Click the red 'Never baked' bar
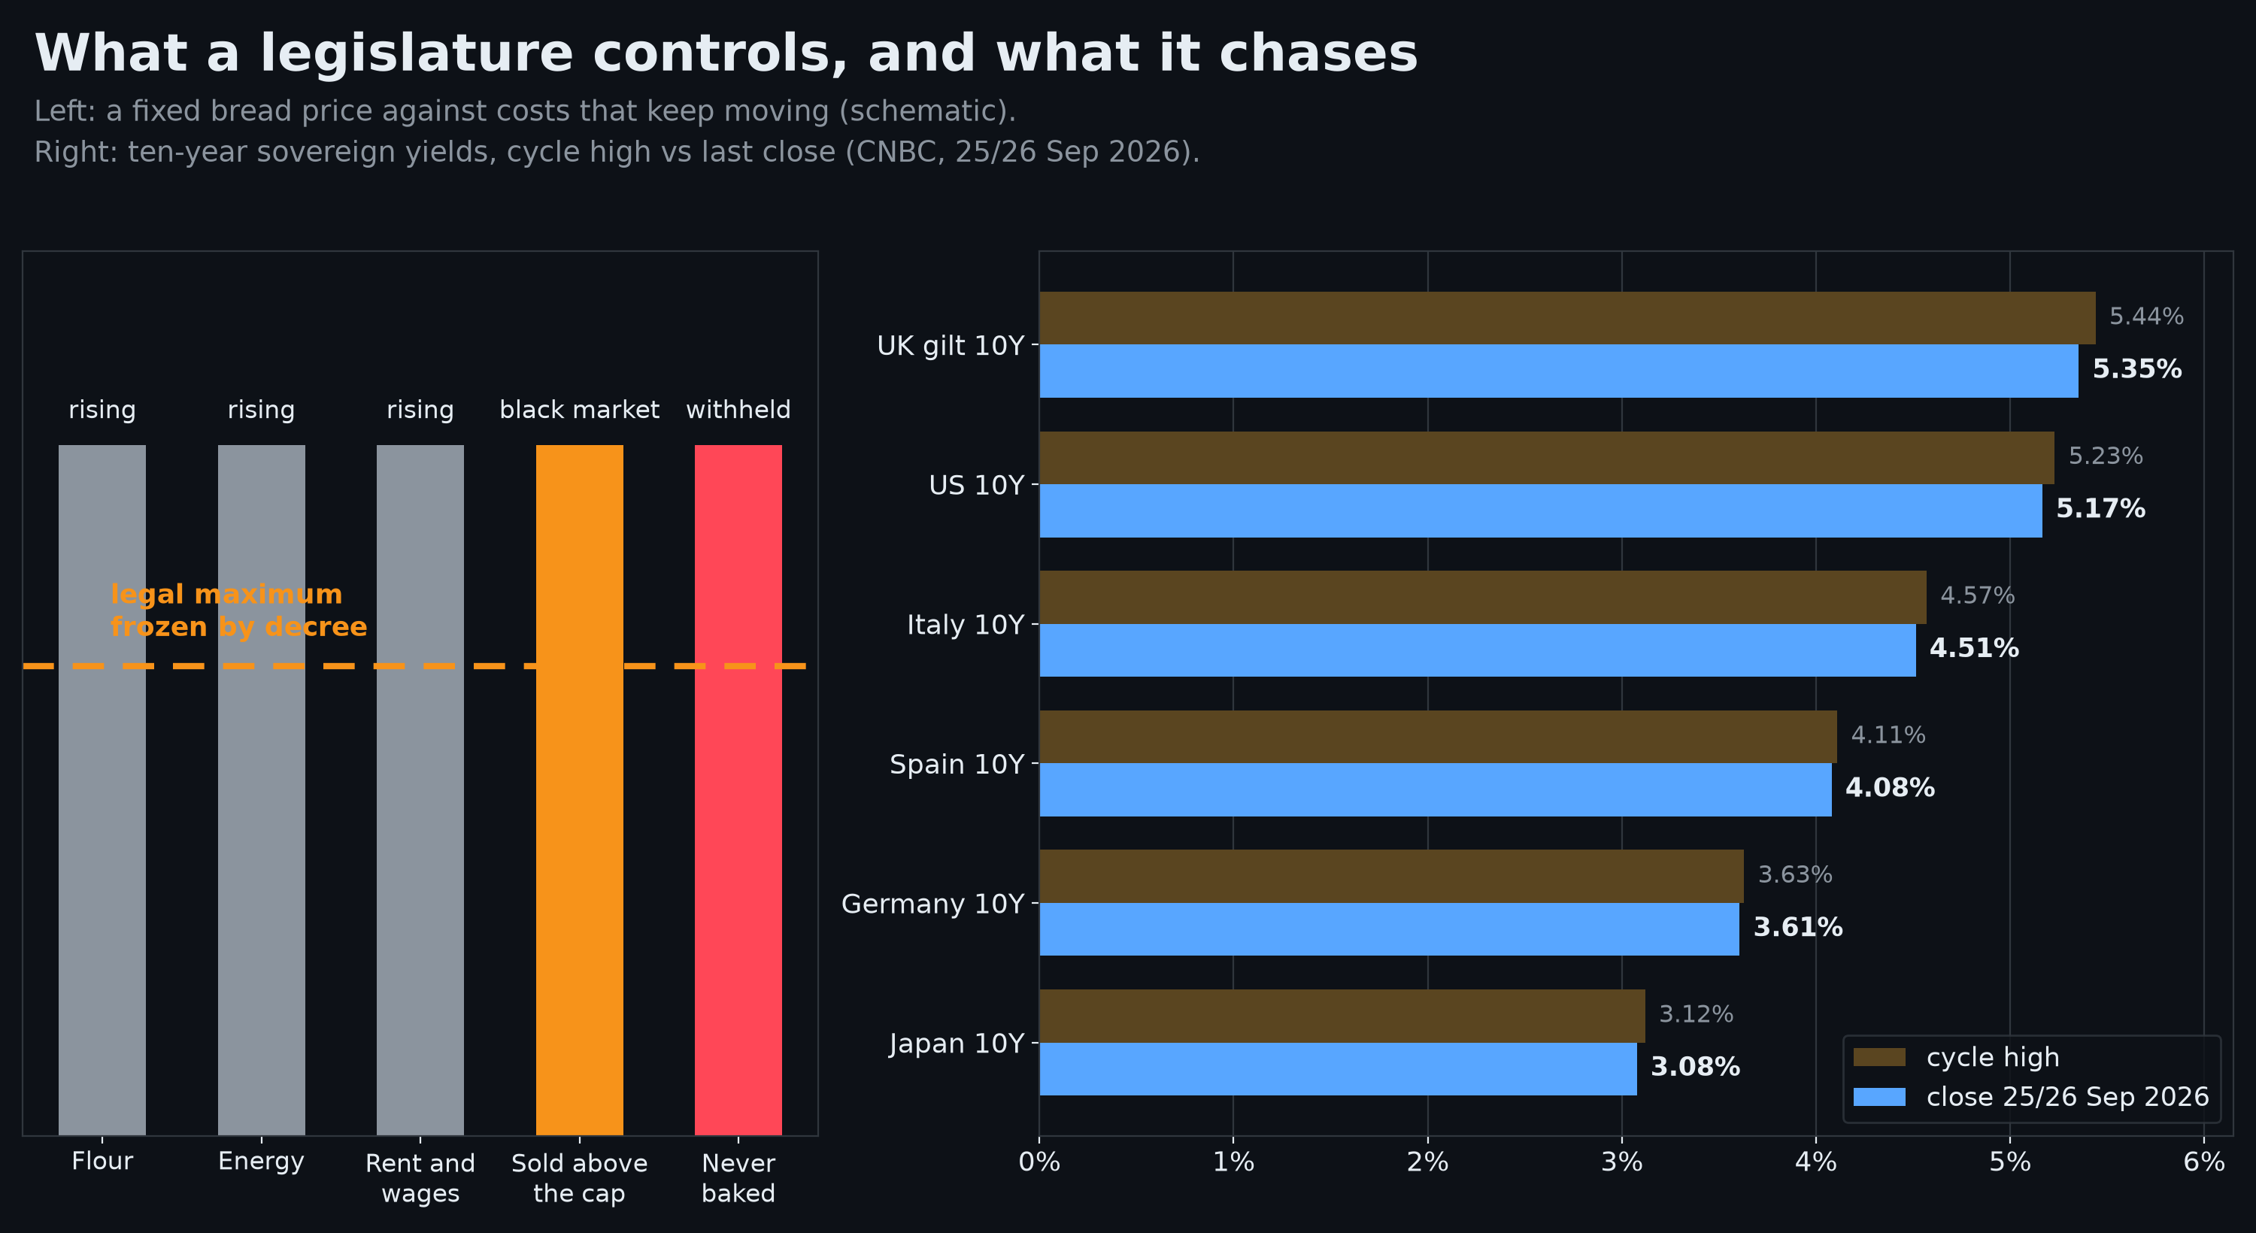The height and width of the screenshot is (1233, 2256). coord(738,790)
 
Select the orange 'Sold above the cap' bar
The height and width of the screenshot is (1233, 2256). coord(580,790)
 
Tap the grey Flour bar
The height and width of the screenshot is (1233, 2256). coord(102,790)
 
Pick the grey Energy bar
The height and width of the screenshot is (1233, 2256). coord(261,790)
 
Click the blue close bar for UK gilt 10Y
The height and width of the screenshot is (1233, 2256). coord(1559,371)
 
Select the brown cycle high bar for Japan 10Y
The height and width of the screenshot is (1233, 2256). coord(1342,1016)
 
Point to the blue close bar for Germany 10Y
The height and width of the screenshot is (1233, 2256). coord(1389,929)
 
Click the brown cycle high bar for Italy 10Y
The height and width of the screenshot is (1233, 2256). coord(1483,597)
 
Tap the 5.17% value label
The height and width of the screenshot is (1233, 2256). coord(2100,509)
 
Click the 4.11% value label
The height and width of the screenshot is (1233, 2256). coord(1888,735)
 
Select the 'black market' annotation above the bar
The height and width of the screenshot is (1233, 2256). coord(579,410)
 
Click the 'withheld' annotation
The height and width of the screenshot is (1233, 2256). coord(738,410)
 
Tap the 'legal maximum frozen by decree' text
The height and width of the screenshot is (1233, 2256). coord(238,610)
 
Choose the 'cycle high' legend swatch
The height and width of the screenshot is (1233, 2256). coord(1879,1057)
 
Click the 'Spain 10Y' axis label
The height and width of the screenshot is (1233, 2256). coord(957,765)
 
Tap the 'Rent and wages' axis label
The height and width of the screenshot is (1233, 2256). coord(420,1178)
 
